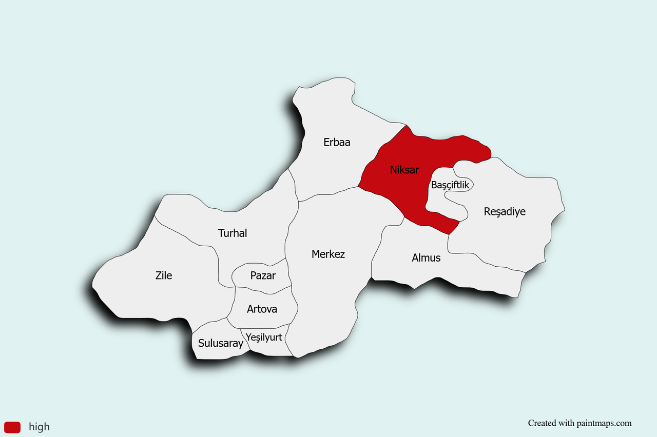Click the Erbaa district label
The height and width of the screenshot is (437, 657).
point(337,142)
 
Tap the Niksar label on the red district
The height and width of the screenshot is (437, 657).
point(404,170)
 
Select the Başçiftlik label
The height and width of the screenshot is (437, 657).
point(450,185)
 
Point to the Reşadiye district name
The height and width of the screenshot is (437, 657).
point(505,211)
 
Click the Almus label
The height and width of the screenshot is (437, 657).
point(426,257)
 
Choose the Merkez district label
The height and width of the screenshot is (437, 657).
point(328,254)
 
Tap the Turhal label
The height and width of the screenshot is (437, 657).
point(233,233)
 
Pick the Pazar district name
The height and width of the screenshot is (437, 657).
point(263,275)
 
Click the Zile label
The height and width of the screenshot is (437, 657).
point(164,275)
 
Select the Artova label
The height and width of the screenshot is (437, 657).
point(262,309)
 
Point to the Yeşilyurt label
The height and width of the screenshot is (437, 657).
point(264,337)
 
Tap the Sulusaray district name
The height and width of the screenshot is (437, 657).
point(221,343)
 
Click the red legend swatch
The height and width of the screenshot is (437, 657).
point(12,427)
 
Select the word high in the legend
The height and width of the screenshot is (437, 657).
point(39,427)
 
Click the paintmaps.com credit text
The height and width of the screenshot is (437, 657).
point(579,423)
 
